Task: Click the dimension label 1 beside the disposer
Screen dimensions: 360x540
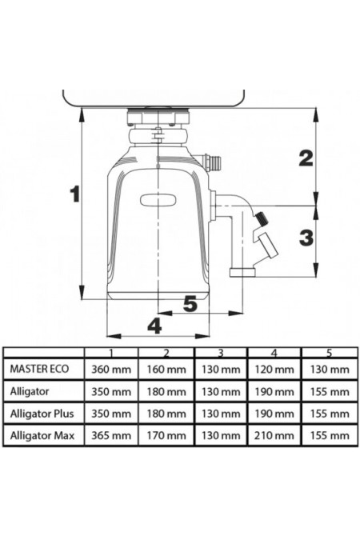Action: tap(74, 194)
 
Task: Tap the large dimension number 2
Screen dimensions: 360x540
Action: tap(306, 158)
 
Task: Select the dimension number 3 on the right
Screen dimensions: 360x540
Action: tap(306, 238)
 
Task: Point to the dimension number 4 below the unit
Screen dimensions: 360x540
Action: tap(154, 326)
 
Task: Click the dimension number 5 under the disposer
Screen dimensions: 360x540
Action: tap(190, 303)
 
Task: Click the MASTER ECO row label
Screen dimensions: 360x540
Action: tap(39, 369)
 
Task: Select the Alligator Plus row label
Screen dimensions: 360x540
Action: tap(42, 414)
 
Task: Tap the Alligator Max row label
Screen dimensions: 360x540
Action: tap(42, 436)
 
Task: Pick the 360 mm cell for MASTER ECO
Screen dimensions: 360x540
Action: tap(111, 370)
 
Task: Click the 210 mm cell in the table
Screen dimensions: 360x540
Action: tap(274, 436)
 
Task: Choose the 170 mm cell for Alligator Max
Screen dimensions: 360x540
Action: tap(166, 436)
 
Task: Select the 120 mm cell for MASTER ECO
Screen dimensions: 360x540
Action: tap(274, 370)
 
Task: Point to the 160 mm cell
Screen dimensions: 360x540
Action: tap(166, 370)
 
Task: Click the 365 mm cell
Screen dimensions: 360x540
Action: tap(111, 436)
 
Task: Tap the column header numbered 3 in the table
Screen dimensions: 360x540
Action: tap(221, 353)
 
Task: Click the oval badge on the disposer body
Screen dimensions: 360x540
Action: tap(158, 200)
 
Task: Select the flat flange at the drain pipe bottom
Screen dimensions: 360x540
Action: tap(243, 273)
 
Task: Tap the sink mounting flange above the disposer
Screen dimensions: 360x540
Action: tap(158, 117)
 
